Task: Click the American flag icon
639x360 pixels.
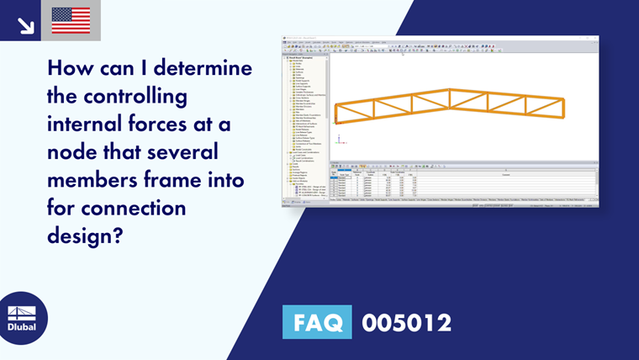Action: click(71, 20)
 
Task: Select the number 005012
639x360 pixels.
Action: click(406, 322)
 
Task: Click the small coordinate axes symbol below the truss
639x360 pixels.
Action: click(335, 123)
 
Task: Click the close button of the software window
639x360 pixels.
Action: click(595, 38)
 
